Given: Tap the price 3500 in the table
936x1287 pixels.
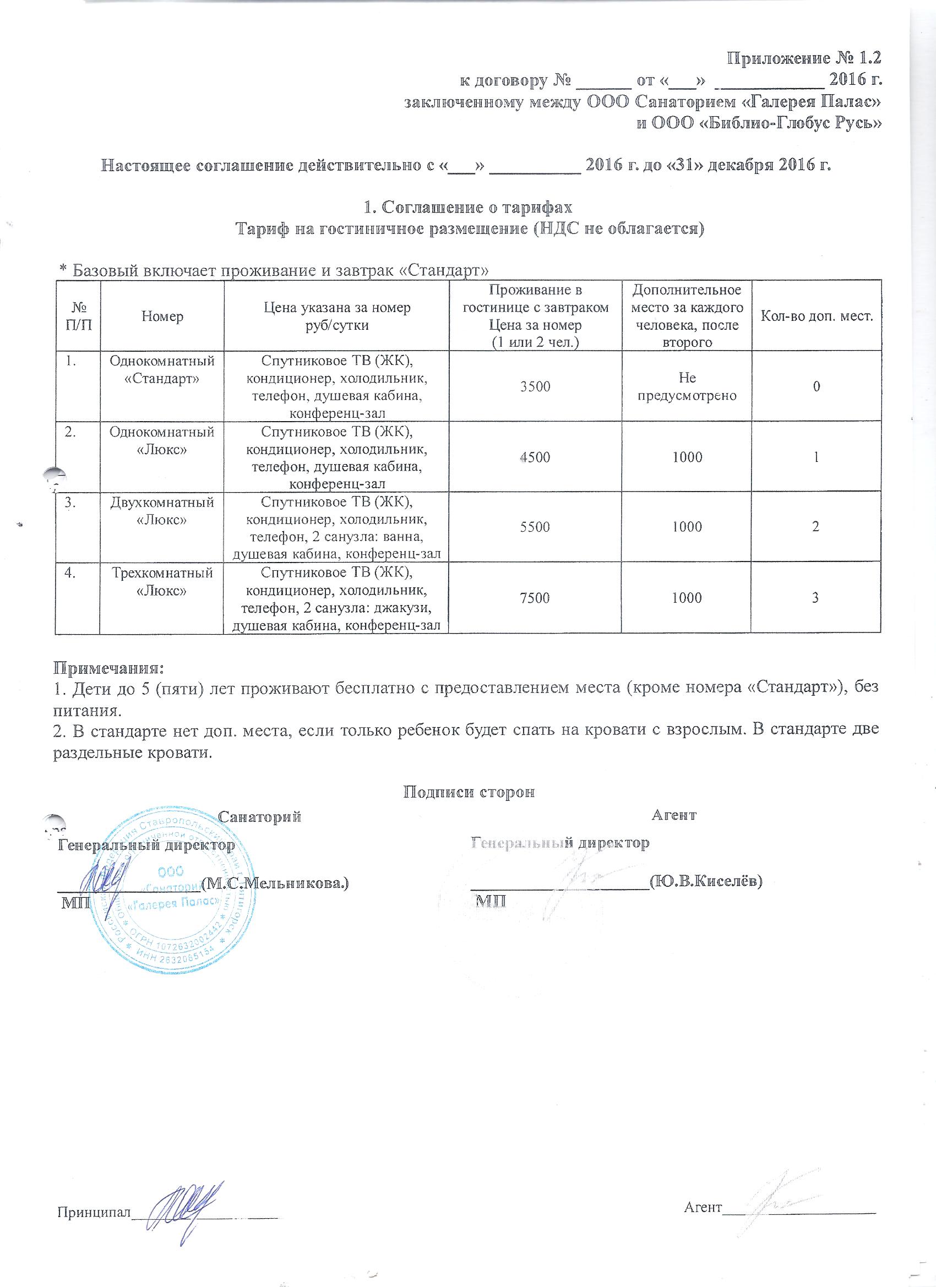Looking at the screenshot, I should pos(536,387).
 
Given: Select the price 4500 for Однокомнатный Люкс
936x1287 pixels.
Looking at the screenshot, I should pos(536,457).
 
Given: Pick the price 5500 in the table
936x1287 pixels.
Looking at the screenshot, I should pos(536,527).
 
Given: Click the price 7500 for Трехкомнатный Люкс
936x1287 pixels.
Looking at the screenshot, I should pos(536,598).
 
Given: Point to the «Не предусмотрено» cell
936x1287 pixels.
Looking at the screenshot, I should pos(687,387).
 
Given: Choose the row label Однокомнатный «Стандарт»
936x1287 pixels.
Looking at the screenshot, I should pos(162,369).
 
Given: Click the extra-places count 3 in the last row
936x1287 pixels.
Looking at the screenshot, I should pos(815,598).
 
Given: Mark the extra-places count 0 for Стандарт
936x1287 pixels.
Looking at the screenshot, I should pos(815,387).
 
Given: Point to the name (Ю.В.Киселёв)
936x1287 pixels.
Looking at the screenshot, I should pos(705,881).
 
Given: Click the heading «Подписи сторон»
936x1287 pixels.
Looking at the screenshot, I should pos(469,793).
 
